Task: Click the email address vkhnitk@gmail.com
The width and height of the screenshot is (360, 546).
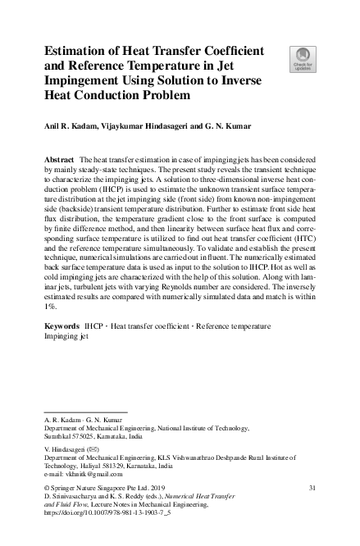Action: (90, 474)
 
